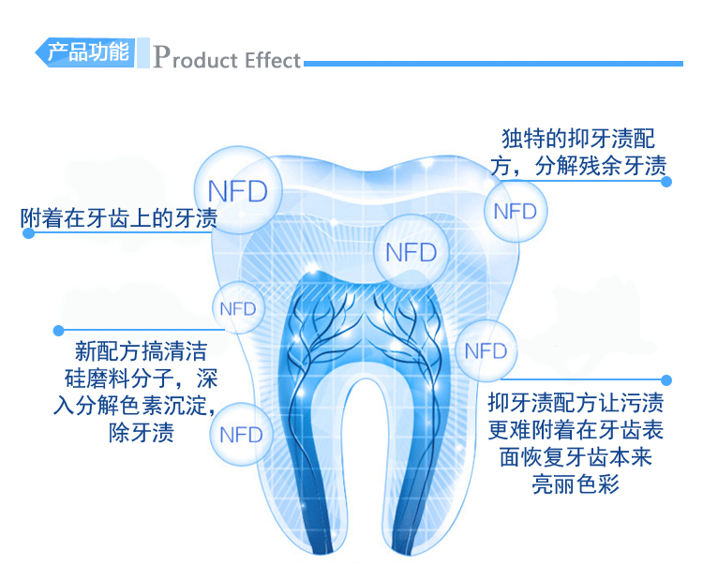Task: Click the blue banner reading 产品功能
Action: tap(87, 52)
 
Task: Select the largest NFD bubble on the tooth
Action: tap(237, 191)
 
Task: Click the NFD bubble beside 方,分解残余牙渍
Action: tap(515, 211)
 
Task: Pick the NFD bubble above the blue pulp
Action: tap(411, 252)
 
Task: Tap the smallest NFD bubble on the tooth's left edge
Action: tap(236, 307)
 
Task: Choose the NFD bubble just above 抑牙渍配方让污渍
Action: tap(486, 350)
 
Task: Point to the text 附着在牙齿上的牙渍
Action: tap(119, 219)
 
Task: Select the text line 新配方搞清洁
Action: tap(141, 352)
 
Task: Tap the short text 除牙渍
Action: tap(142, 433)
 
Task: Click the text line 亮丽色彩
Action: tap(576, 483)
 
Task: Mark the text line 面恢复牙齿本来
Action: tap(576, 457)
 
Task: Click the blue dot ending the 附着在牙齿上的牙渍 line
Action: tap(28, 232)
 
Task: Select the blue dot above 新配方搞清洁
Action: tap(58, 330)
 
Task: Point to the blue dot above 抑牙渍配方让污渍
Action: tap(666, 380)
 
